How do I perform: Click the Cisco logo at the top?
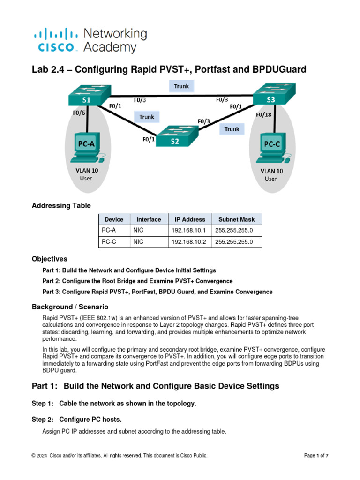pyautogui.click(x=55, y=40)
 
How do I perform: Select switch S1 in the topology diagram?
pyautogui.click(x=88, y=97)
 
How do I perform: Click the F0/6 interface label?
pyautogui.click(x=79, y=112)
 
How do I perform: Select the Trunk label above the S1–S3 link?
pyautogui.click(x=181, y=86)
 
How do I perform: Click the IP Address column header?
pyautogui.click(x=190, y=219)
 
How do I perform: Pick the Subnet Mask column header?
pyautogui.click(x=237, y=219)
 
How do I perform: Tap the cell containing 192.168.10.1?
pyautogui.click(x=187, y=230)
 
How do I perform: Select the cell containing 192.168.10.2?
pyautogui.click(x=187, y=242)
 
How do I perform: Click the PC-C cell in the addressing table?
pyautogui.click(x=109, y=242)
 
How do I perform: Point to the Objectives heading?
pyautogui.click(x=50, y=259)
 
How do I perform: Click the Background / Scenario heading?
pyautogui.click(x=70, y=307)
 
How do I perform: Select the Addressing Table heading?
pyautogui.click(x=61, y=205)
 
